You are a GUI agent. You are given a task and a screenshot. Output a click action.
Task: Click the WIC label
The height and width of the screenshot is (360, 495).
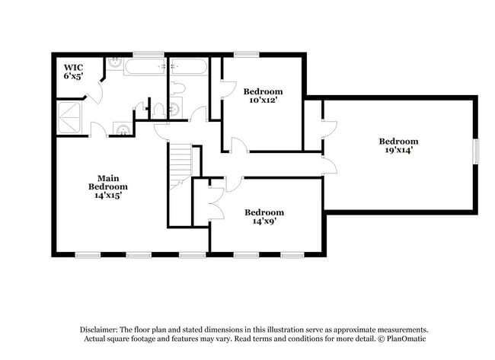coord(73,68)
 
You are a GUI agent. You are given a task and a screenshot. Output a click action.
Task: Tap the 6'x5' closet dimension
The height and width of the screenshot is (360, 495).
coord(73,76)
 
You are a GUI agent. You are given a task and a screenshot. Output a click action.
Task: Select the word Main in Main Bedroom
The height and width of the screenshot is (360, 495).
coord(108,178)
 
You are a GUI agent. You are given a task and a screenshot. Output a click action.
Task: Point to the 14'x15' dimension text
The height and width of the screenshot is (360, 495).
coord(108,196)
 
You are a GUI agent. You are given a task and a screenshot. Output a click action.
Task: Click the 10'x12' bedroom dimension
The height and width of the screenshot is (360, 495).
coord(263,100)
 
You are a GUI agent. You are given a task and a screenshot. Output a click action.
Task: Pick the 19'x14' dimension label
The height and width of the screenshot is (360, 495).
coord(399,150)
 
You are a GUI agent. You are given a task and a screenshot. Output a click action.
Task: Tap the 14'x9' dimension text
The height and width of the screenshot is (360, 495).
coord(264,221)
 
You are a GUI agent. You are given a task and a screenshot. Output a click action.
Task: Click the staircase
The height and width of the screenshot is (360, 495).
coord(181,166)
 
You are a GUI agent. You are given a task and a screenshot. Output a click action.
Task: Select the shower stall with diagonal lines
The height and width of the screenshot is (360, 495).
coord(69,117)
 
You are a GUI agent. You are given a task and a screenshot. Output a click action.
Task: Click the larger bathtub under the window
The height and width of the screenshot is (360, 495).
coord(145,66)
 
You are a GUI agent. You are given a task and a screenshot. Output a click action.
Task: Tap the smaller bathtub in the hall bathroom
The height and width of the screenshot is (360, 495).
coord(189,66)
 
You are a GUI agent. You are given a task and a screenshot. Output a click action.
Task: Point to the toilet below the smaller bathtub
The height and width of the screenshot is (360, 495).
coord(177,88)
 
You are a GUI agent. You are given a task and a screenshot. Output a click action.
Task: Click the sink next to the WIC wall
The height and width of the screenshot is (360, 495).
coord(114,63)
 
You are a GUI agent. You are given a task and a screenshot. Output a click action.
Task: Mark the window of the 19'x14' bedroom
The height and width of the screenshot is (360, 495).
coord(476,151)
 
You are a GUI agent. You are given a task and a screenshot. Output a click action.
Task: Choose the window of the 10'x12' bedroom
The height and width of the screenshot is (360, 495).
coord(246,55)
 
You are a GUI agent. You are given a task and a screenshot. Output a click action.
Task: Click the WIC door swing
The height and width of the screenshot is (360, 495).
coord(95,92)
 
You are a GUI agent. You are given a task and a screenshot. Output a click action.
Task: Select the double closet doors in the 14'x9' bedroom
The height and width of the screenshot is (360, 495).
coord(216,203)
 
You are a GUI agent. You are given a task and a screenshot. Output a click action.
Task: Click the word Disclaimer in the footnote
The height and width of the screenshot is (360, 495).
coord(99,330)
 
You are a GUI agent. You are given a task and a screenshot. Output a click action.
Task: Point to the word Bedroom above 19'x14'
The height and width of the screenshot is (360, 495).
coord(399,142)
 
